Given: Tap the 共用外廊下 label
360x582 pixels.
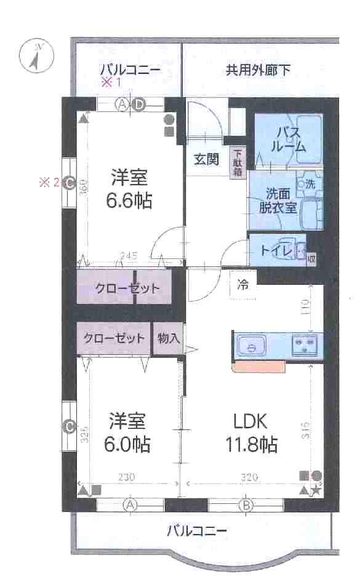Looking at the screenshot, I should [257, 70].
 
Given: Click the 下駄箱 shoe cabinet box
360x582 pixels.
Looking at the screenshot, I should [238, 163].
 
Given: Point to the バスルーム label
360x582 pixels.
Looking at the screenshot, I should [290, 139].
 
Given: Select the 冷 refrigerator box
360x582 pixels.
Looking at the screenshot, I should [244, 285].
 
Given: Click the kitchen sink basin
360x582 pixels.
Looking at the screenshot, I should [250, 346].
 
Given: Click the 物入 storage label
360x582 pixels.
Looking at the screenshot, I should [168, 338].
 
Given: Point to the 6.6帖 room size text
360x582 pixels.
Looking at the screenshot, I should [129, 199].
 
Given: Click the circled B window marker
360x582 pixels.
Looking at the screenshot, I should [246, 506].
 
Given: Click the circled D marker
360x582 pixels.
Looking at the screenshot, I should [139, 104].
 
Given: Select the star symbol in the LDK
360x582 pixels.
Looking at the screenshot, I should [315, 490].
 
